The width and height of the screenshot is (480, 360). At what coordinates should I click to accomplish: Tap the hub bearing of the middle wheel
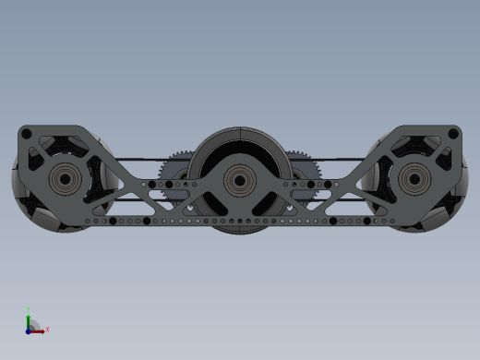(240, 177)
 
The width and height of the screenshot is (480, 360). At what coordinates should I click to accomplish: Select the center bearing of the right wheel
(414, 178)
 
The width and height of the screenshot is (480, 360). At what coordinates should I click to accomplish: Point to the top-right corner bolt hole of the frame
(452, 135)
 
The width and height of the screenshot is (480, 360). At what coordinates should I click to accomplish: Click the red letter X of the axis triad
(47, 328)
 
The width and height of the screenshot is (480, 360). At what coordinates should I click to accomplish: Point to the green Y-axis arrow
(29, 320)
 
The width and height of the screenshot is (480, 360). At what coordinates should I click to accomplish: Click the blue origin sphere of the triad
(29, 329)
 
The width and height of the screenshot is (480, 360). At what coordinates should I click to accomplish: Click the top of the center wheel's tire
(240, 130)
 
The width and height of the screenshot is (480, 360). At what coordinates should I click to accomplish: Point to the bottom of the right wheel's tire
(414, 229)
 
